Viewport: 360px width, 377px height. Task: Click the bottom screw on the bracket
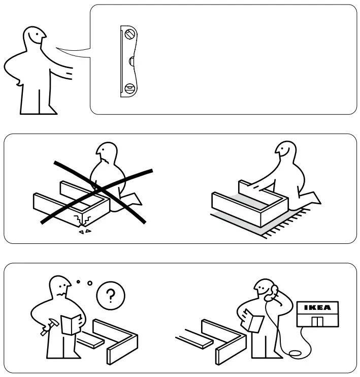click(129, 88)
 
